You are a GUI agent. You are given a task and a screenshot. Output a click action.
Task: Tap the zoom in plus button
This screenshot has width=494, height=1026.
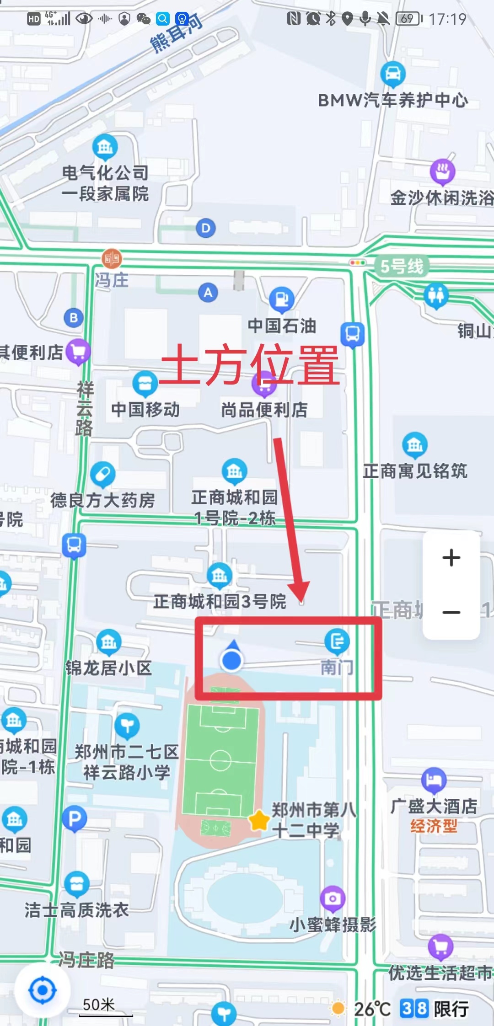point(451,557)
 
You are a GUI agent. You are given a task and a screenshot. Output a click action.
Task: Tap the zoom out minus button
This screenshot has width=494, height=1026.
point(451,612)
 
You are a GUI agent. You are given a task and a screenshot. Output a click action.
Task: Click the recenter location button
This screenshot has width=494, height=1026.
point(43,990)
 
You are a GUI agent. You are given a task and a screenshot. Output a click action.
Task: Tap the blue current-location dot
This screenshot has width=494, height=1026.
point(231,660)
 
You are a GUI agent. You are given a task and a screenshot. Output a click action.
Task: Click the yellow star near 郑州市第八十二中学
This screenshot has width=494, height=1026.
point(259,820)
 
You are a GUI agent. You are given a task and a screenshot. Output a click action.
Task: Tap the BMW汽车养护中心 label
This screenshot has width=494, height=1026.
point(393,100)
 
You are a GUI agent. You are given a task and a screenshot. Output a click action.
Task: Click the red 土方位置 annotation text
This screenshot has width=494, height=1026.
point(249,365)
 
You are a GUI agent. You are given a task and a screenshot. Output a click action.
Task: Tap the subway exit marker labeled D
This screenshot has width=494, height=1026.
point(206,228)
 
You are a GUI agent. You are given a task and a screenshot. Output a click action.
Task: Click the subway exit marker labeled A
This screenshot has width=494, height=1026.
point(208,292)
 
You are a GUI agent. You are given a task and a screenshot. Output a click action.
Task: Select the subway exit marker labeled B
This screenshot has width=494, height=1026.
point(74,317)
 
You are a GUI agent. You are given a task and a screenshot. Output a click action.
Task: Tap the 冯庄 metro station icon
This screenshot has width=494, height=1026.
point(112,259)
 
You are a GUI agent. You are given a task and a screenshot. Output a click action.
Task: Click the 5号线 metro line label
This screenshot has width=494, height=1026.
point(402,266)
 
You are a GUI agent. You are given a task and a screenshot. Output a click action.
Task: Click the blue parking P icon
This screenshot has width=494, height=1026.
point(75,818)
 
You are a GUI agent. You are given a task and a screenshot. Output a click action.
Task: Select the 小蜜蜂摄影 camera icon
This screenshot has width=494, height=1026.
point(333,898)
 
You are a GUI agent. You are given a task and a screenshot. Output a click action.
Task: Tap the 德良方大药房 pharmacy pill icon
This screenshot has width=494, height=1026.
point(102,474)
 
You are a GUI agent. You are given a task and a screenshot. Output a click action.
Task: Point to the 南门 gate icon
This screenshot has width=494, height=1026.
point(337,641)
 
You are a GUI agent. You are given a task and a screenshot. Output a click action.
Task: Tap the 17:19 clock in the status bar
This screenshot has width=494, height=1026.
point(447,19)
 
